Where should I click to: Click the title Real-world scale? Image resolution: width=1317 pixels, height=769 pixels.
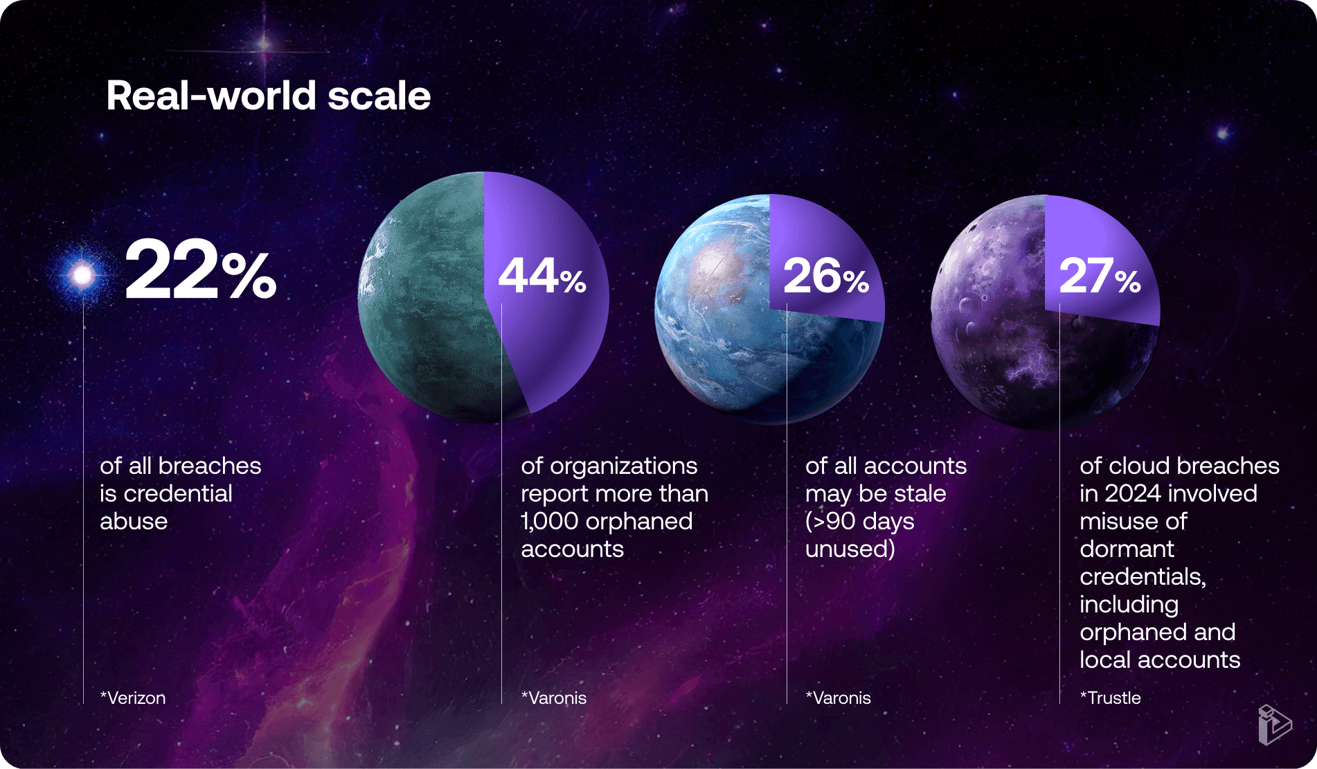click(269, 95)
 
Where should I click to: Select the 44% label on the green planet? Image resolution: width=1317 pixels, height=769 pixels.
click(542, 276)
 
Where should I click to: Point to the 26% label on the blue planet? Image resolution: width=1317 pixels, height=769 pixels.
click(826, 276)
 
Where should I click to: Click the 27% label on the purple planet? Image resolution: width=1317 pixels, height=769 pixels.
click(1100, 276)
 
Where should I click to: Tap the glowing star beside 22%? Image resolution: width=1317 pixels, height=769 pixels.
click(83, 275)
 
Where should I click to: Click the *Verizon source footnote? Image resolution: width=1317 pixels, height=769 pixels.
click(133, 698)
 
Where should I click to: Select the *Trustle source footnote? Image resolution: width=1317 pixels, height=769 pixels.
click(1111, 698)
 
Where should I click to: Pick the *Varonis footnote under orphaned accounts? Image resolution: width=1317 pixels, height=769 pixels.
click(554, 698)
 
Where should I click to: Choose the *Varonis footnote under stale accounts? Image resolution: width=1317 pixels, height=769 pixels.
click(839, 698)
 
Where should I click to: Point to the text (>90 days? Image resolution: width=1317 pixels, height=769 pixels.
click(860, 521)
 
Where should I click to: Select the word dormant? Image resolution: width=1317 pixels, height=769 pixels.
click(1127, 549)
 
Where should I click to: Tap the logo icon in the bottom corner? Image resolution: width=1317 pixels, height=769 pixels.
click(1275, 725)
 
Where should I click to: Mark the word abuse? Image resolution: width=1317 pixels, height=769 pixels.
click(134, 521)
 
